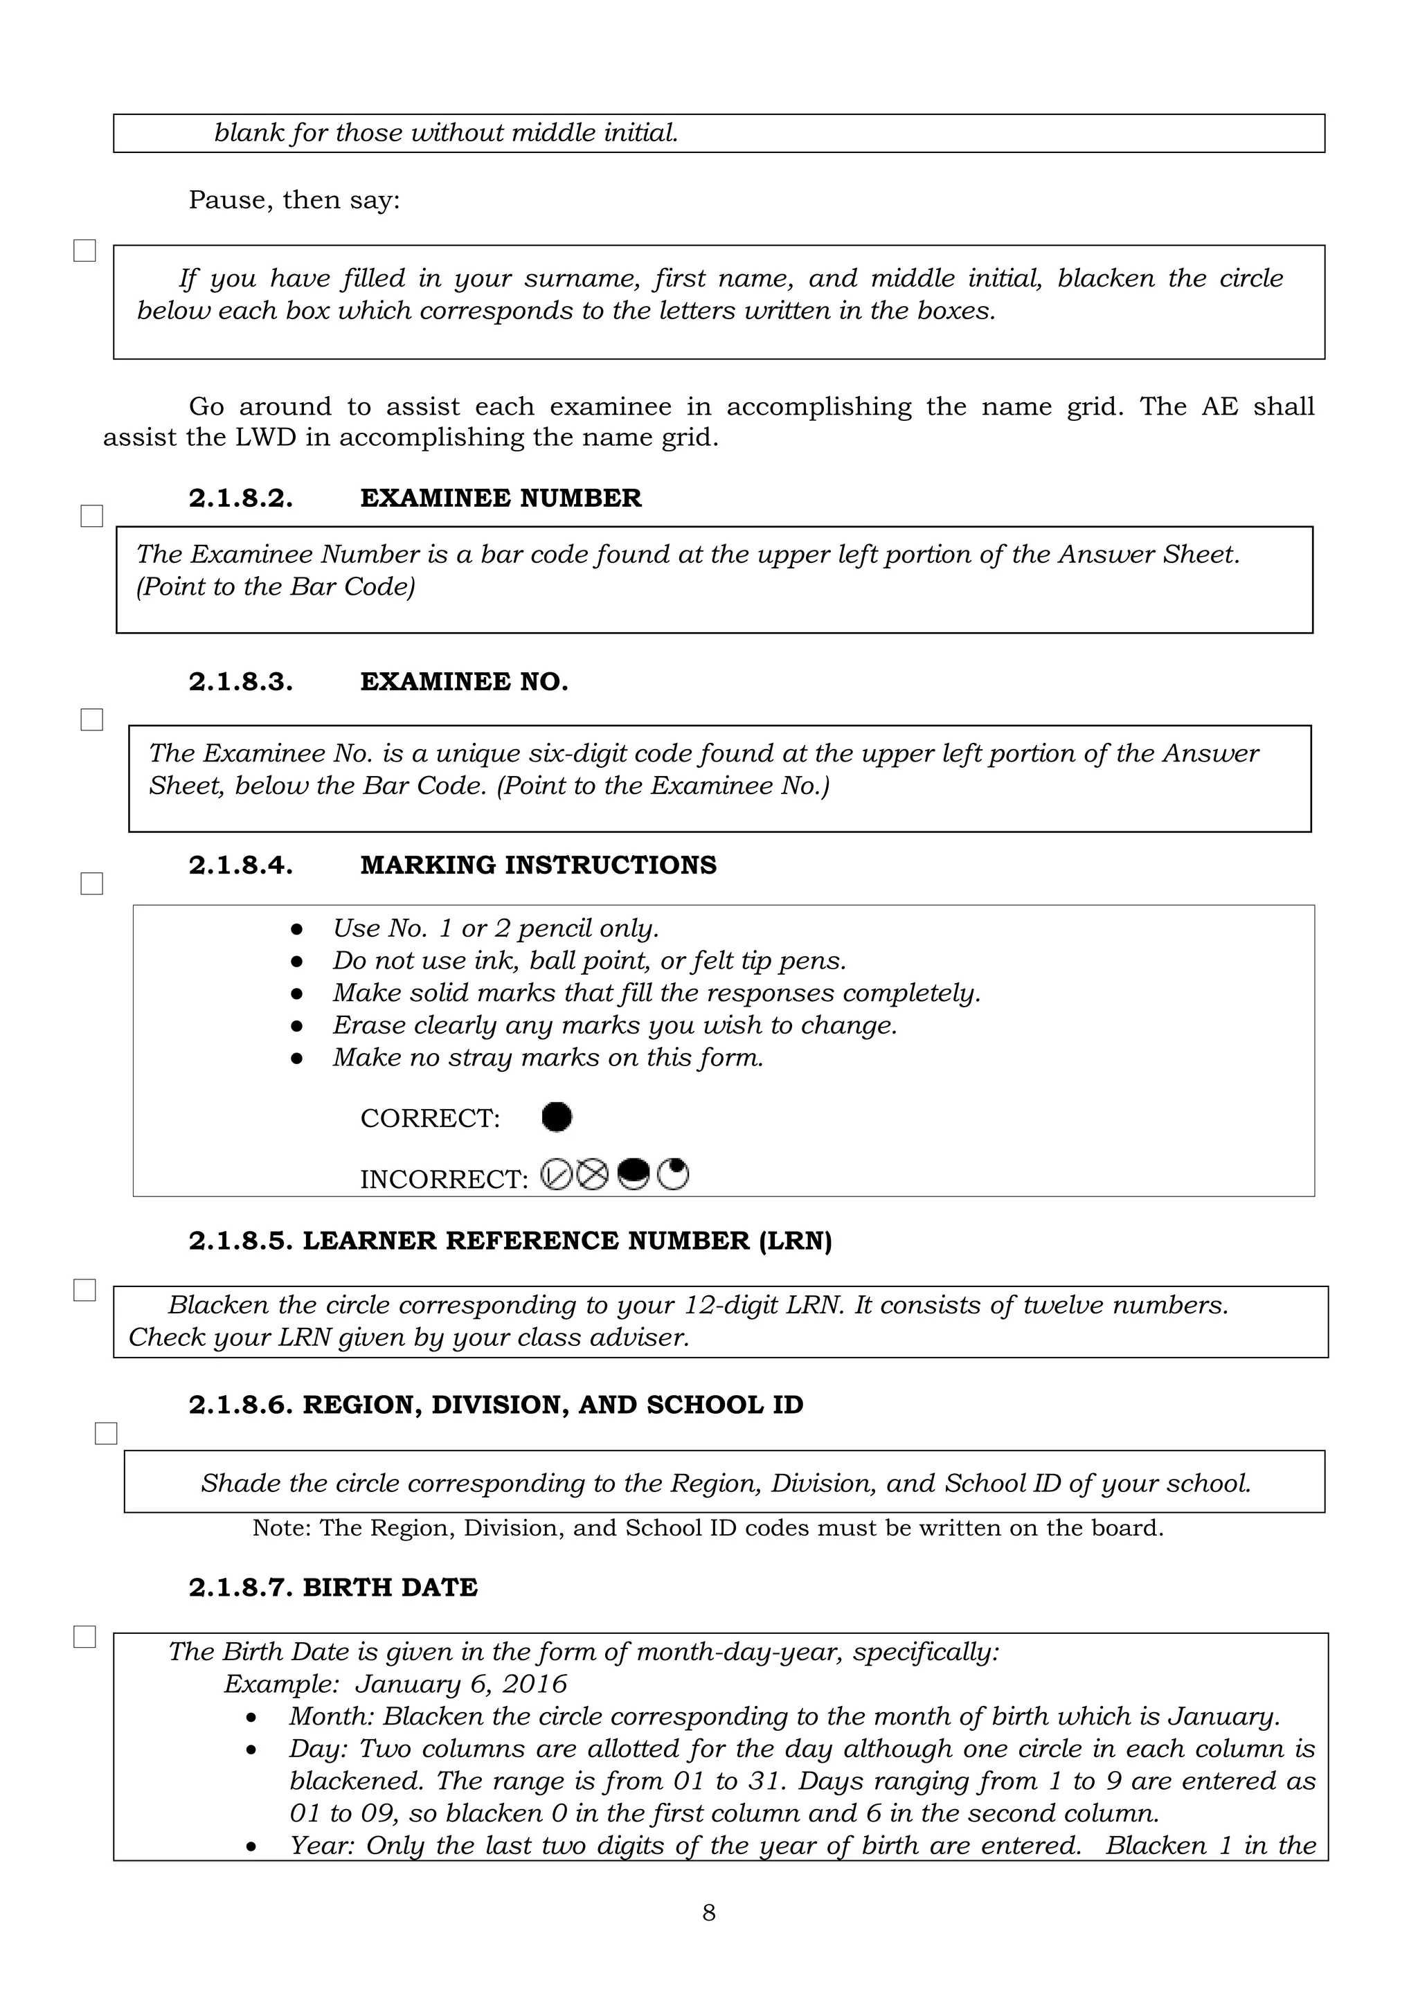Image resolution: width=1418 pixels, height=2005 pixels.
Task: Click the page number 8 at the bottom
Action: pyautogui.click(x=708, y=1912)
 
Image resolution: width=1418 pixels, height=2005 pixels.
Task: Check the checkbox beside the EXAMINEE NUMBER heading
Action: pyautogui.click(x=91, y=516)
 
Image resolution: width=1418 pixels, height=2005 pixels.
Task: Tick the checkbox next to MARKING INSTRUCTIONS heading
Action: pyautogui.click(x=91, y=883)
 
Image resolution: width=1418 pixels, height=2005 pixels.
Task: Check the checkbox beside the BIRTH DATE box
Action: pyautogui.click(x=84, y=1637)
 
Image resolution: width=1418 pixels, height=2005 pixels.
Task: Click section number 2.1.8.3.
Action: pyautogui.click(x=241, y=682)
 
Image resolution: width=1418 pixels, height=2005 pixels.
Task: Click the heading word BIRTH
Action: pyautogui.click(x=342, y=1587)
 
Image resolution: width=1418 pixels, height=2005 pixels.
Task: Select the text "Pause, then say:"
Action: pyautogui.click(x=294, y=200)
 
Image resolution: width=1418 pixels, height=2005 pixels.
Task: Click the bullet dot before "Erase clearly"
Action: pyautogui.click(x=297, y=1025)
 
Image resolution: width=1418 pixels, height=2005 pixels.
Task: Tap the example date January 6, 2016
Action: pyautogui.click(x=461, y=1684)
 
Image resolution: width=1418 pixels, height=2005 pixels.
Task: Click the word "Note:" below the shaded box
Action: pyautogui.click(x=281, y=1527)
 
